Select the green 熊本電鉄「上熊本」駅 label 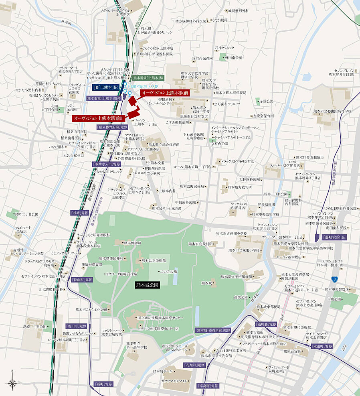coord(148,78)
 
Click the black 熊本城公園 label coord(147,285)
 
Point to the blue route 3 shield coord(334,279)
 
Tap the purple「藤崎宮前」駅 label coord(333,238)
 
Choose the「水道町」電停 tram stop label coord(322,346)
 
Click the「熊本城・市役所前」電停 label coord(213,330)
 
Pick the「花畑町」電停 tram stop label coord(194,366)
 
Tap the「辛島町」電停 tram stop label coord(208,386)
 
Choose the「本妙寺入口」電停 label coord(106,164)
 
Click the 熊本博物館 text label coord(132,243)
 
